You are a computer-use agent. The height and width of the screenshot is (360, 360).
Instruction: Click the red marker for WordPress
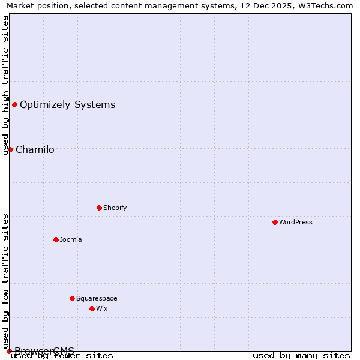click(x=275, y=222)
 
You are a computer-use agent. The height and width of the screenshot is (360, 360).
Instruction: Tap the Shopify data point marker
click(x=99, y=208)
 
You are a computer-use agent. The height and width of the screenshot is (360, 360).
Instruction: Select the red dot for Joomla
click(x=56, y=239)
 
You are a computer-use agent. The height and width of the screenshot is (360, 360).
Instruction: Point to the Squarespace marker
click(x=72, y=298)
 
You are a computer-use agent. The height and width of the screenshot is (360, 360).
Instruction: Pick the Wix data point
click(x=92, y=308)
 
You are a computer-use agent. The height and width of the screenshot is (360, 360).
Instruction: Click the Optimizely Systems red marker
click(x=14, y=105)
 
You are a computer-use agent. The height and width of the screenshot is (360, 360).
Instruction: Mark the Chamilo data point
click(x=10, y=149)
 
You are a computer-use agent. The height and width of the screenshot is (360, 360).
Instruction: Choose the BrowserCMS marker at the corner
click(x=9, y=351)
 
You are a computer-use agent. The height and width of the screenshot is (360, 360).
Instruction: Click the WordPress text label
click(x=296, y=222)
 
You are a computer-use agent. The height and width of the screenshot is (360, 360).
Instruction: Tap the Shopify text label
click(x=115, y=208)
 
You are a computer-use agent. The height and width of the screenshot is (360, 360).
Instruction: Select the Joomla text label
click(x=71, y=239)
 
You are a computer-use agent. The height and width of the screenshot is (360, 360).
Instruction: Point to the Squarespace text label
click(x=97, y=298)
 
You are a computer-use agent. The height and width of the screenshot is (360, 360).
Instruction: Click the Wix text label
click(x=102, y=308)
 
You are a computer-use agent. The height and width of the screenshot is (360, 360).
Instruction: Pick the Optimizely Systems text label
click(x=67, y=105)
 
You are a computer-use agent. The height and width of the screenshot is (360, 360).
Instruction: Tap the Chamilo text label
click(x=35, y=150)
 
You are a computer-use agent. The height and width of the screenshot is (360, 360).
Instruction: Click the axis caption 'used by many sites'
click(x=301, y=356)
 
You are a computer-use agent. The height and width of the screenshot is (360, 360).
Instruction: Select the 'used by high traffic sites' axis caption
click(x=5, y=85)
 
